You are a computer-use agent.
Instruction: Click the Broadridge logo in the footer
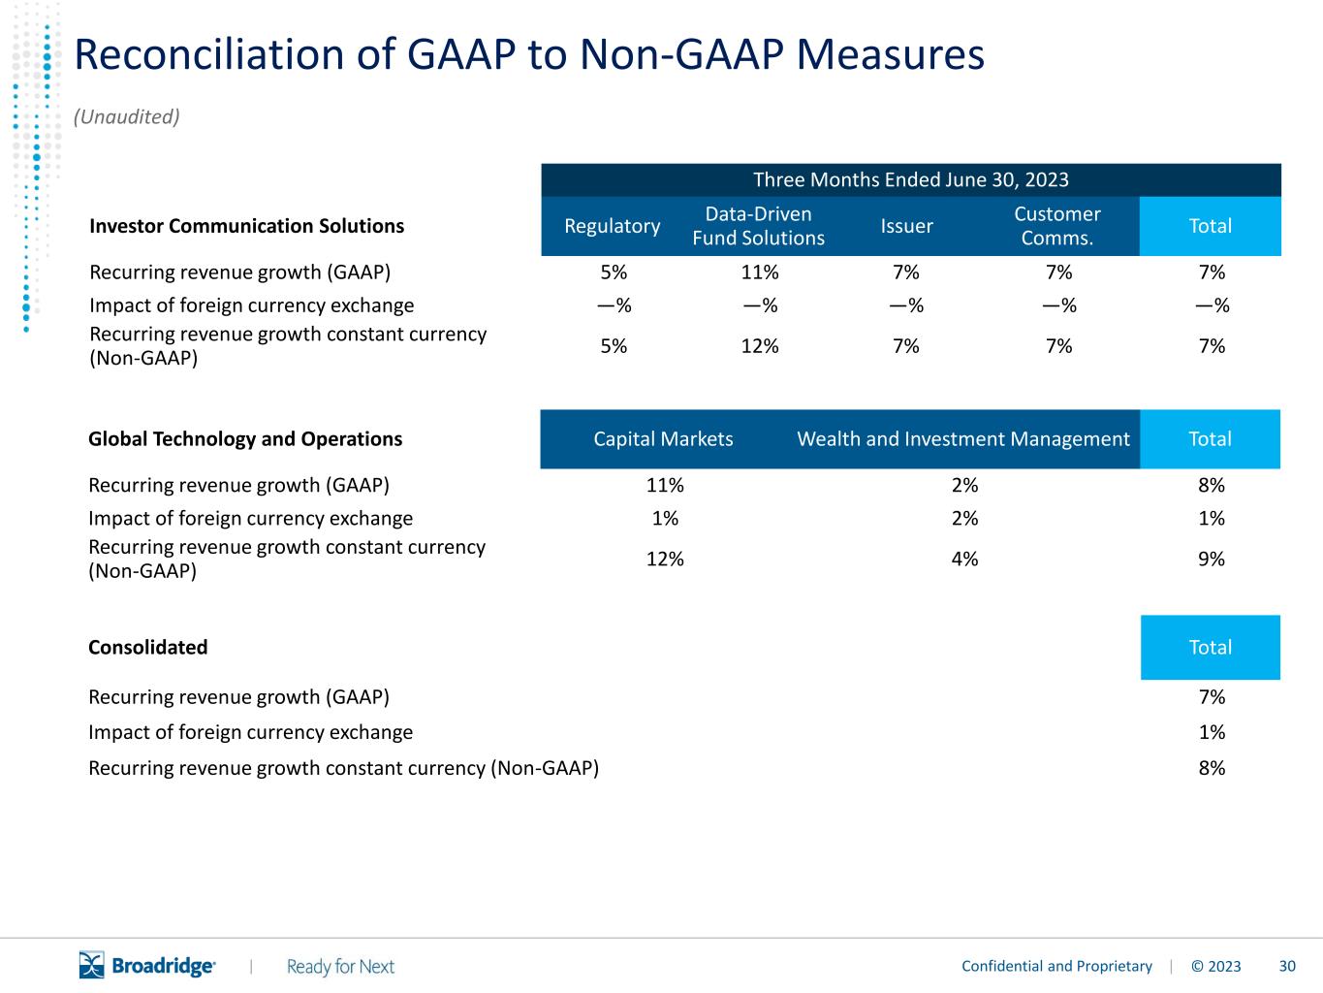[147, 965]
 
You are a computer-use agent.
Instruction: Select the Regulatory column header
[612, 226]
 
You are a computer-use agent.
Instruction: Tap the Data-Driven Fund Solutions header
[758, 226]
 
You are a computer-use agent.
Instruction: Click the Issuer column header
[906, 226]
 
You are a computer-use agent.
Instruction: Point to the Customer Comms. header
[1057, 226]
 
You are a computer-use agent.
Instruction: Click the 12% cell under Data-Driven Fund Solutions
[760, 346]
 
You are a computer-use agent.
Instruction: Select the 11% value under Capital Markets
[665, 485]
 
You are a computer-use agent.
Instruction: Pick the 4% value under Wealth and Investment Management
[964, 559]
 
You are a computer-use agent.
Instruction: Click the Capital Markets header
[663, 439]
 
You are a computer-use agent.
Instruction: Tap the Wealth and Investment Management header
[963, 439]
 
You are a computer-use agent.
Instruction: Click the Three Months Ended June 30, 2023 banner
[911, 179]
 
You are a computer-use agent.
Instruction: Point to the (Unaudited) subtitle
[127, 116]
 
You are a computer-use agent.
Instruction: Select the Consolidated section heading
[147, 647]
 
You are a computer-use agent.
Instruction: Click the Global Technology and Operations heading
[244, 439]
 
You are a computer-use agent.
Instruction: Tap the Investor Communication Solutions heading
[246, 226]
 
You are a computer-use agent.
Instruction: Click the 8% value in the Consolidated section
[1212, 768]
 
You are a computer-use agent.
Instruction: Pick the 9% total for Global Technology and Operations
[1212, 559]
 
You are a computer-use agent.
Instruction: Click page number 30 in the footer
[1287, 966]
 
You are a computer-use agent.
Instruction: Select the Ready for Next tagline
[340, 967]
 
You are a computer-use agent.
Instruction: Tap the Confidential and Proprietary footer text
[1056, 966]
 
